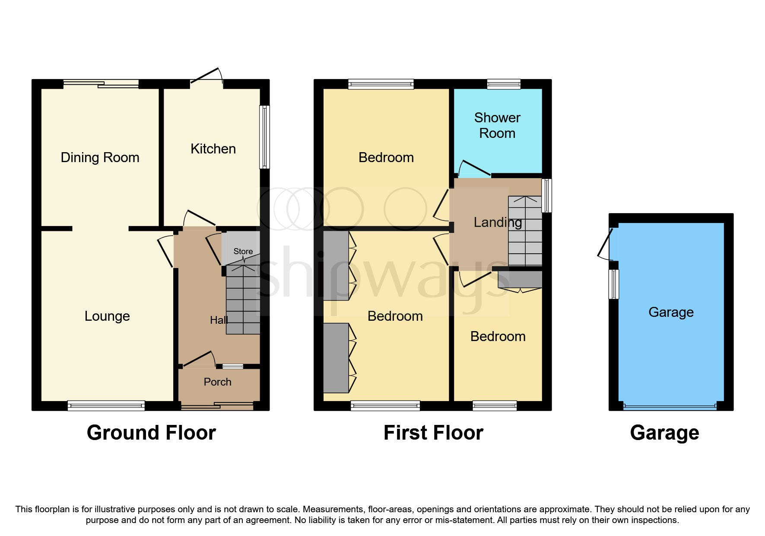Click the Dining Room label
tap(100, 157)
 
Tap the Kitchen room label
tap(213, 149)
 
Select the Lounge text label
tap(107, 316)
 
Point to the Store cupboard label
tap(243, 251)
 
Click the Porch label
tap(217, 382)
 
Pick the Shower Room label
tap(497, 125)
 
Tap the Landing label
tap(498, 222)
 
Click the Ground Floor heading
tap(151, 433)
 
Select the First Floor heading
tap(433, 433)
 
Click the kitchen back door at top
tap(206, 77)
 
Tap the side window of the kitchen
tap(264, 137)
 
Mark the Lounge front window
tap(106, 405)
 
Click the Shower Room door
tap(474, 169)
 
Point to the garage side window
tap(614, 284)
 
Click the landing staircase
tap(525, 231)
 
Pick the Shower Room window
tap(504, 84)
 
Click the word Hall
tap(219, 320)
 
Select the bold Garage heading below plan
tap(664, 433)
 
